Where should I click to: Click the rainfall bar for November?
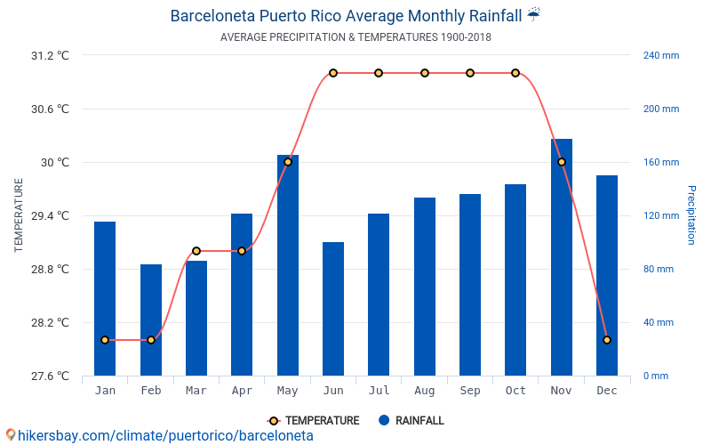coord(562,257)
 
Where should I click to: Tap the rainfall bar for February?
coord(151,320)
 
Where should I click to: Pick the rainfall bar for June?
coord(333,309)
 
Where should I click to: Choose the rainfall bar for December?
coord(607,275)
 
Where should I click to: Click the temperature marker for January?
coord(105,340)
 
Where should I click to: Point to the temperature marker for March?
coord(196,251)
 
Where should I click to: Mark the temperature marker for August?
coord(425,73)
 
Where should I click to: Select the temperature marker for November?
coord(562,162)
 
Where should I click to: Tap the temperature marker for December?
coord(607,340)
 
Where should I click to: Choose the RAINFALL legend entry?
coord(411,420)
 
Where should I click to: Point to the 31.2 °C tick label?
coord(50,55)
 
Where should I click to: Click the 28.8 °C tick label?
coord(50,269)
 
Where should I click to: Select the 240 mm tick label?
coord(661,55)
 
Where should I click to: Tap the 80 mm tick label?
coord(659,269)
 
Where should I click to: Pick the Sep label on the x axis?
coord(470,391)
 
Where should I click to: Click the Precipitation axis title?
coord(691,215)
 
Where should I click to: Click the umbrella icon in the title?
coord(533,14)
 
